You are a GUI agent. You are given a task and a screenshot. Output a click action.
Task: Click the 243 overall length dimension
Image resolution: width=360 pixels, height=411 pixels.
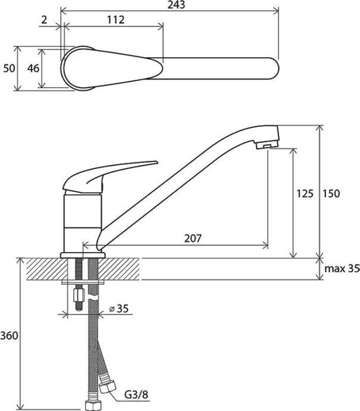[x=176, y=5]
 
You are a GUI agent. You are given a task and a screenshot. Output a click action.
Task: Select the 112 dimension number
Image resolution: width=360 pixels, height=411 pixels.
[x=115, y=20]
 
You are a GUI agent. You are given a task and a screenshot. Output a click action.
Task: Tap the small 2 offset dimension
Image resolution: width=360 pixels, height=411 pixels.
[x=44, y=20]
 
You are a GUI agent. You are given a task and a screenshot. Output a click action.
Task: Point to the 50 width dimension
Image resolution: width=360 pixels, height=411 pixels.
[x=9, y=68]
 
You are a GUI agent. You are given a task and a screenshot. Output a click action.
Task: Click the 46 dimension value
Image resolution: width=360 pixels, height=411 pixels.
[x=33, y=68]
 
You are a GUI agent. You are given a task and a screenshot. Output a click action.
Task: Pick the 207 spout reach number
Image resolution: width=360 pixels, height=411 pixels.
[x=193, y=238]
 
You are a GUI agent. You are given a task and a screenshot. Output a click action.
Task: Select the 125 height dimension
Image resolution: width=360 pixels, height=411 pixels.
[x=305, y=194]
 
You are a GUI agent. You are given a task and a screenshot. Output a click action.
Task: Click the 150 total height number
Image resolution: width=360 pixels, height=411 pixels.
[x=331, y=194]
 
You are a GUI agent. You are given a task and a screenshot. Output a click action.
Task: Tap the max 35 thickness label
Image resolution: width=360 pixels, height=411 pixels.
[x=342, y=269]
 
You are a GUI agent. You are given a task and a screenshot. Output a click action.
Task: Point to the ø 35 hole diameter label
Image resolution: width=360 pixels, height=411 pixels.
[x=119, y=309]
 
